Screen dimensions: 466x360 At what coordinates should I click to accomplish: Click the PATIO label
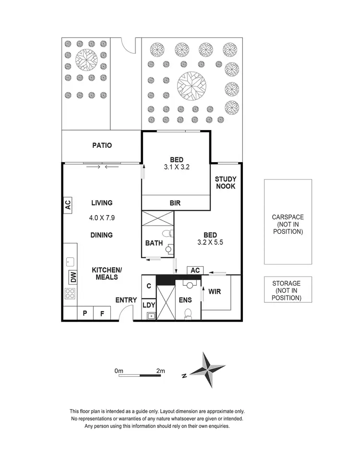click(x=102, y=145)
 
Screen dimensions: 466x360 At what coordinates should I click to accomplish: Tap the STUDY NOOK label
click(x=225, y=182)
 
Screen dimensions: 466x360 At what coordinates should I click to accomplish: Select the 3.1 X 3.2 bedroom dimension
click(x=175, y=168)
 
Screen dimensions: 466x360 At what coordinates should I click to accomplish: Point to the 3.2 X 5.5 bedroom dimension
click(x=210, y=243)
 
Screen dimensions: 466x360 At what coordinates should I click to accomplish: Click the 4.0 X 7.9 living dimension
click(x=101, y=217)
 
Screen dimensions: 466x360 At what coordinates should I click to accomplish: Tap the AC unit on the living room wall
click(x=68, y=205)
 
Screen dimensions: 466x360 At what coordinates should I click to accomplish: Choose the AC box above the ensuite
click(x=195, y=270)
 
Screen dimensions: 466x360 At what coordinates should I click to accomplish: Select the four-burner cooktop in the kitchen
click(x=70, y=294)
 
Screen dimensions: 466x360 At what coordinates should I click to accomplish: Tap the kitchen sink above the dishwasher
click(x=70, y=262)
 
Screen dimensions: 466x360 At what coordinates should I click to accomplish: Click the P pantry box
click(x=85, y=313)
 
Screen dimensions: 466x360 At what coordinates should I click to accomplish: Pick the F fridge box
click(x=102, y=313)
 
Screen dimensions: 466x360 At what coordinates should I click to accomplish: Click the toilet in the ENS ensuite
click(x=189, y=313)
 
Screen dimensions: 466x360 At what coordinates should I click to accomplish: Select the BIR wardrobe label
click(x=175, y=203)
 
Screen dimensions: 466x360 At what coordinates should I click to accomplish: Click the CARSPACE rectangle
click(x=288, y=222)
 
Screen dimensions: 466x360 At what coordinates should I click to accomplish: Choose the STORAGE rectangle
click(x=288, y=289)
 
